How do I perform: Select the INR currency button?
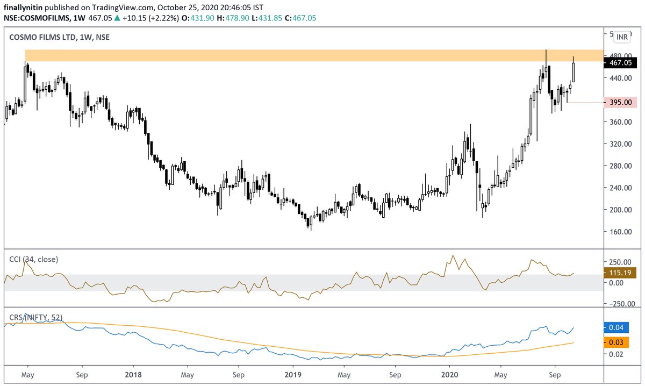(x=622, y=37)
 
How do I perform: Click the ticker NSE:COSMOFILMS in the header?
(x=34, y=18)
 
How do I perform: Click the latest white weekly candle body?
(x=574, y=73)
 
